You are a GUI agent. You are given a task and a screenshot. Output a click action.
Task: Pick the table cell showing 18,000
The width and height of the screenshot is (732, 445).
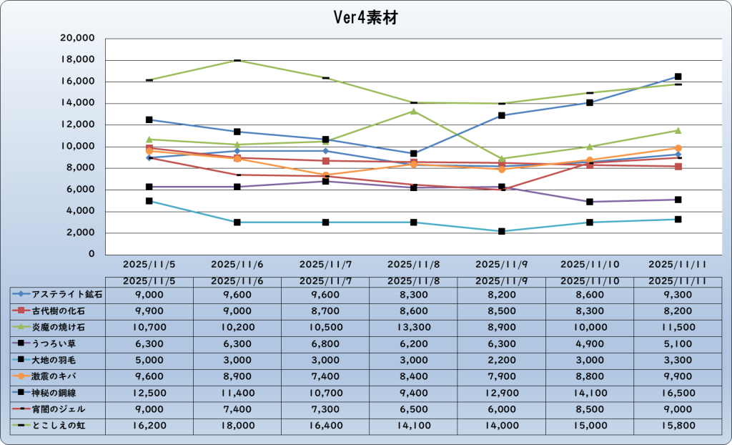point(237,425)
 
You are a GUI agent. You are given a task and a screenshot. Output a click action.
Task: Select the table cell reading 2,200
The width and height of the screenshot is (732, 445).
point(501,359)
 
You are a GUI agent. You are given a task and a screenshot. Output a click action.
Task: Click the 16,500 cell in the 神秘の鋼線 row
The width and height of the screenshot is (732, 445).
point(678,392)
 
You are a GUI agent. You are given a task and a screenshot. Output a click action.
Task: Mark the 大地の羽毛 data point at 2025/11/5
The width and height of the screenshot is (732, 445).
point(149,201)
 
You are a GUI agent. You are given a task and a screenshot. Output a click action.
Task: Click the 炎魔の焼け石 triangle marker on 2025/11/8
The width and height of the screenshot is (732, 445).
point(413,111)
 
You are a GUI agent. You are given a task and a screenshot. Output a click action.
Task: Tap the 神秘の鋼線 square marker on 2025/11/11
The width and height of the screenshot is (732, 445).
point(678,77)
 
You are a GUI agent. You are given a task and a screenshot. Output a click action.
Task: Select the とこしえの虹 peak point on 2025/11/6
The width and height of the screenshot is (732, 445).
point(237,60)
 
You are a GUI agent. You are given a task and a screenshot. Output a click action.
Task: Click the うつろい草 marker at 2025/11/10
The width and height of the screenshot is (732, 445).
point(589,202)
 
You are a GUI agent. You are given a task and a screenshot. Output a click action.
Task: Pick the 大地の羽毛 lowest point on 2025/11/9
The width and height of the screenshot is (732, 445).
point(501,231)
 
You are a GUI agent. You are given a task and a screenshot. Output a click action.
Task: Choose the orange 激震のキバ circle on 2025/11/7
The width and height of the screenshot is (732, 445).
point(325,175)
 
